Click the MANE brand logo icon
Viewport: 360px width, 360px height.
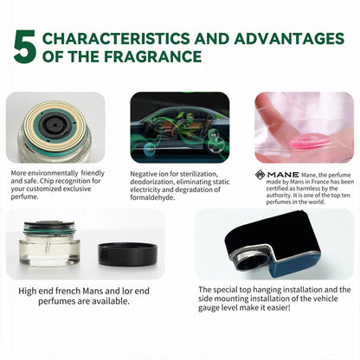tap(260, 174)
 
